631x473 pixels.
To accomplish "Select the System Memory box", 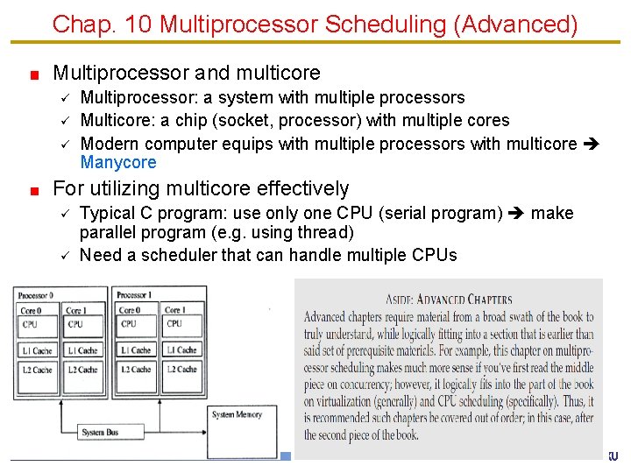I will point(236,414).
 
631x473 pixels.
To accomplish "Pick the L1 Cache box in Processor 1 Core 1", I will point(181,350).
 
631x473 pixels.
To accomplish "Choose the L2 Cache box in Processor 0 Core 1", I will point(83,370).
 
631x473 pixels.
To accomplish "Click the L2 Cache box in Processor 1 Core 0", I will point(134,370).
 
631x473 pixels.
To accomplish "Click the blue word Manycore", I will point(118,162).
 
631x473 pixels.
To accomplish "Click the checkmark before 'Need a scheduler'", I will point(64,255).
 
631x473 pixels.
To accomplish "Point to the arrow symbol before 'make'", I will point(517,213).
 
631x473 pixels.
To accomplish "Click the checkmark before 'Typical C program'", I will point(64,213).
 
